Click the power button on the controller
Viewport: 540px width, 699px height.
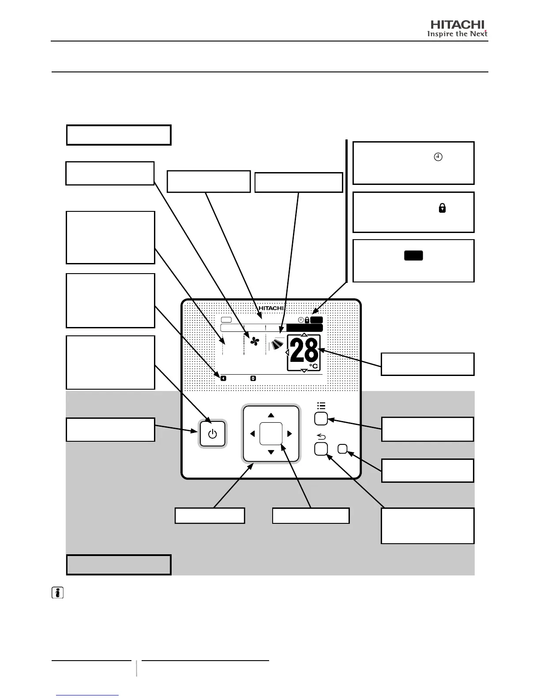(x=213, y=434)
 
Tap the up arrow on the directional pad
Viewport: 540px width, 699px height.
(x=271, y=415)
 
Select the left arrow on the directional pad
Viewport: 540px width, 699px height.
(x=252, y=434)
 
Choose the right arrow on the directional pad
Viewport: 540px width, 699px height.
(x=289, y=434)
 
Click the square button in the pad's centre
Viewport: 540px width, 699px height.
(x=271, y=433)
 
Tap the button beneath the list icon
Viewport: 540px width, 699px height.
(x=321, y=419)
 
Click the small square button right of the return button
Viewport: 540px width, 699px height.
(x=343, y=449)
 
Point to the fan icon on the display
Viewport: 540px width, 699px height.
(x=255, y=342)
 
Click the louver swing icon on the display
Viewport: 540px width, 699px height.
(x=277, y=345)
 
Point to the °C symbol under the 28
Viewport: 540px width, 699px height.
(x=313, y=366)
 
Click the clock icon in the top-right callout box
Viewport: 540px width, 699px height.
(x=438, y=157)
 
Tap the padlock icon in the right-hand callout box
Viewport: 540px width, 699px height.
(x=442, y=208)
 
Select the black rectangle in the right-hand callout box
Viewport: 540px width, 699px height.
(x=413, y=256)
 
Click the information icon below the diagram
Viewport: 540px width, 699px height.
(x=57, y=593)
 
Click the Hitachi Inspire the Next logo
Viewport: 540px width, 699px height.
(x=457, y=29)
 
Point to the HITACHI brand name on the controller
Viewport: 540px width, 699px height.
(x=271, y=308)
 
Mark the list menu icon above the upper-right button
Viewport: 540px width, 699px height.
(x=321, y=406)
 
